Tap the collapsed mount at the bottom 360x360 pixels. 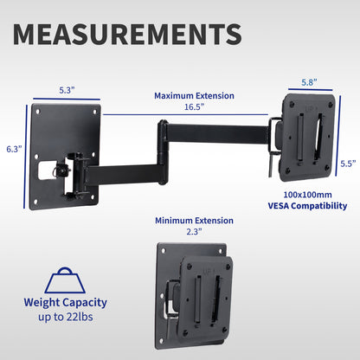click(x=195, y=291)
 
